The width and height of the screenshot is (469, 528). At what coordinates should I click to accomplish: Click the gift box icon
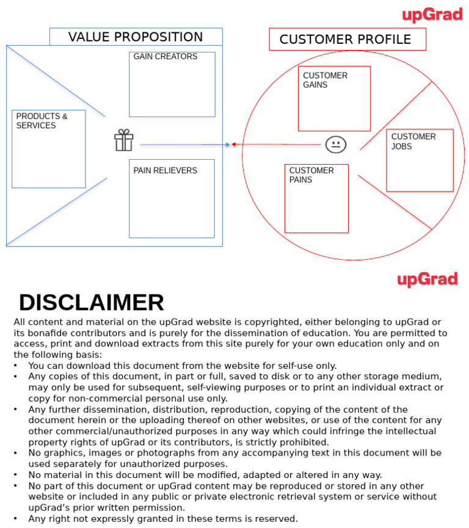(x=123, y=140)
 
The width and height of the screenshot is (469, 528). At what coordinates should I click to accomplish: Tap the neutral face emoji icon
(x=336, y=144)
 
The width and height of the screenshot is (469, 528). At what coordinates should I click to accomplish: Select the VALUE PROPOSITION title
(x=136, y=37)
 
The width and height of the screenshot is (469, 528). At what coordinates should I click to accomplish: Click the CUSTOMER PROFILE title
(x=345, y=40)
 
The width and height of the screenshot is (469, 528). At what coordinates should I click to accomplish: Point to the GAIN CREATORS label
(x=165, y=57)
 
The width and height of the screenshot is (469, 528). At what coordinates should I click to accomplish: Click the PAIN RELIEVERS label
(x=165, y=171)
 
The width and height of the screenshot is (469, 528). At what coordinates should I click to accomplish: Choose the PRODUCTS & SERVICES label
(x=42, y=121)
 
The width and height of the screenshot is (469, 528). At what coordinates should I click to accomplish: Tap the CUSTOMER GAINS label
(x=325, y=80)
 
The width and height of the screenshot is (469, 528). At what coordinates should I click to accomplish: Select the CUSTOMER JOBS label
(x=413, y=141)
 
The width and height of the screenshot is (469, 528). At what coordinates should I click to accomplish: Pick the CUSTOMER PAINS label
(x=311, y=175)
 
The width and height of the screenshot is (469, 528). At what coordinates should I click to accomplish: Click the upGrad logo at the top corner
(x=432, y=15)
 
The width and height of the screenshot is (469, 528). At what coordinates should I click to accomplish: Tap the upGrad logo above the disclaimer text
(x=427, y=280)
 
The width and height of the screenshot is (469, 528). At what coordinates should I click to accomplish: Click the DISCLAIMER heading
(x=92, y=303)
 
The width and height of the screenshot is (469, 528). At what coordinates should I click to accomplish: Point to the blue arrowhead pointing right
(x=227, y=144)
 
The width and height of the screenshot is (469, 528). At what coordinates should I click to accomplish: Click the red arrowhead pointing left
(x=234, y=144)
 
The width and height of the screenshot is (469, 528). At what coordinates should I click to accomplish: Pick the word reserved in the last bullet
(x=276, y=519)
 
